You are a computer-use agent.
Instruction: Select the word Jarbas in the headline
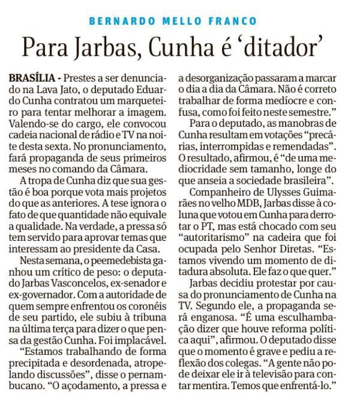pyautogui.click(x=103, y=46)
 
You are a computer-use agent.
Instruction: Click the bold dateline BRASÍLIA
pyautogui.click(x=33, y=79)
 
